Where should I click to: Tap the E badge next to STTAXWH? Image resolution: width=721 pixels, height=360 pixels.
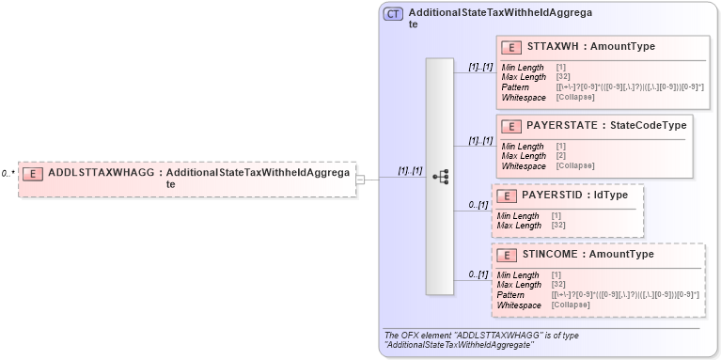pyautogui.click(x=512, y=47)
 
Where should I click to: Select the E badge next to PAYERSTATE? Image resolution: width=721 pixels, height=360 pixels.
pyautogui.click(x=512, y=126)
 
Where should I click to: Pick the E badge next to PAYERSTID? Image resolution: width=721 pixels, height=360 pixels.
pyautogui.click(x=507, y=196)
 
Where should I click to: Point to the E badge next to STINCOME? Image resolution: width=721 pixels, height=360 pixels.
pyautogui.click(x=507, y=255)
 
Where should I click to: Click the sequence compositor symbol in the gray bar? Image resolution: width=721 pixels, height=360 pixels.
pyautogui.click(x=440, y=177)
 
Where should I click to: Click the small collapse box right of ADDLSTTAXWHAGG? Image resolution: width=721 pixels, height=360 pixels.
pyautogui.click(x=360, y=178)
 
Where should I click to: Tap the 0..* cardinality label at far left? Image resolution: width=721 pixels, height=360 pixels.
pyautogui.click(x=8, y=174)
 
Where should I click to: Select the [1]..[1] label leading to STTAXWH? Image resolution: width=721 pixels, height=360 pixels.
pyautogui.click(x=480, y=67)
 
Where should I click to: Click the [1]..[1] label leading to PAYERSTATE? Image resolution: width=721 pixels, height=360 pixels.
pyautogui.click(x=480, y=141)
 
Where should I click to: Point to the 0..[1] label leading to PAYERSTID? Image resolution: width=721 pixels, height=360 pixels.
pyautogui.click(x=478, y=205)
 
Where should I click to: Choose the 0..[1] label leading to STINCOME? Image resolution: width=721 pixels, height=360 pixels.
pyautogui.click(x=478, y=274)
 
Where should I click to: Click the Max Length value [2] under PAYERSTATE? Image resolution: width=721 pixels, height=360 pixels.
pyautogui.click(x=560, y=156)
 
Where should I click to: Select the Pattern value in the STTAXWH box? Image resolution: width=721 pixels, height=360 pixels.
pyautogui.click(x=629, y=87)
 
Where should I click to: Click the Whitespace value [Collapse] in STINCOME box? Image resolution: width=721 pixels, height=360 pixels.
pyautogui.click(x=572, y=305)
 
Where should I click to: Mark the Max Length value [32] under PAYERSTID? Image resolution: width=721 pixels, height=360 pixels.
pyautogui.click(x=557, y=226)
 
